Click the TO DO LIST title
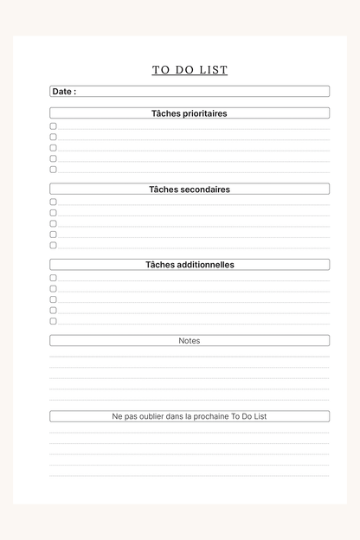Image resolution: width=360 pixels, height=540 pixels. click(x=190, y=70)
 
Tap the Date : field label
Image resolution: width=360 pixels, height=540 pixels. click(x=64, y=91)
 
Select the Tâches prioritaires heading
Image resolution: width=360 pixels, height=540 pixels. click(x=190, y=113)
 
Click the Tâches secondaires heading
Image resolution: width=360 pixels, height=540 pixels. click(x=190, y=189)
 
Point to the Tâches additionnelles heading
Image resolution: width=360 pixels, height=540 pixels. click(x=190, y=265)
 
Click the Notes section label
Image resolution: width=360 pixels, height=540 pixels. click(x=190, y=341)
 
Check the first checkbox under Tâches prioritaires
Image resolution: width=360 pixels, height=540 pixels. click(x=53, y=126)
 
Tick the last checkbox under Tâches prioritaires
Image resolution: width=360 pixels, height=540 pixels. click(x=53, y=170)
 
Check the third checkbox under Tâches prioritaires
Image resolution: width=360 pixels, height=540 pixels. click(x=53, y=148)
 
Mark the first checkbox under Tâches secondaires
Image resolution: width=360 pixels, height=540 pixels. click(x=53, y=202)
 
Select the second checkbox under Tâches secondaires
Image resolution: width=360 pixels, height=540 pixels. click(x=53, y=213)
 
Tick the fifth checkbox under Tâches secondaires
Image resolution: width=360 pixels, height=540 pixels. click(x=53, y=245)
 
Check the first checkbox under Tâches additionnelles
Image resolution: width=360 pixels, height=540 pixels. click(x=53, y=278)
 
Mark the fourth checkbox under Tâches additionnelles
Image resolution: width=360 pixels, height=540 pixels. click(x=53, y=310)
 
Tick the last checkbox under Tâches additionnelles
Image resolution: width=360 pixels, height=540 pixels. click(x=53, y=321)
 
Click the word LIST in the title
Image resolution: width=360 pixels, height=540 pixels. click(x=214, y=70)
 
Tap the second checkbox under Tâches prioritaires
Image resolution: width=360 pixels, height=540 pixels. click(x=53, y=137)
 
